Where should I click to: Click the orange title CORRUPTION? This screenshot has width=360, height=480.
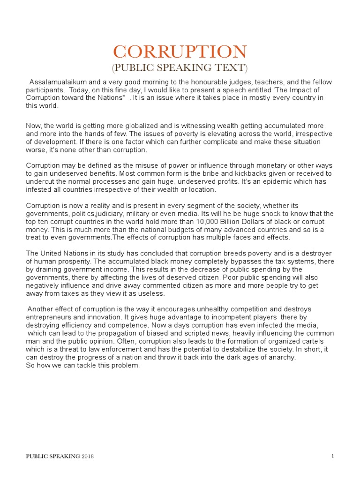tap(180, 52)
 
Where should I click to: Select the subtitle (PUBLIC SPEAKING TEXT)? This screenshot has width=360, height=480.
tap(180, 68)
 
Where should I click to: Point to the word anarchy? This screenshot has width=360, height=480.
tap(282, 357)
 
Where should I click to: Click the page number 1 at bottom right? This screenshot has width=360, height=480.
tap(332, 456)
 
